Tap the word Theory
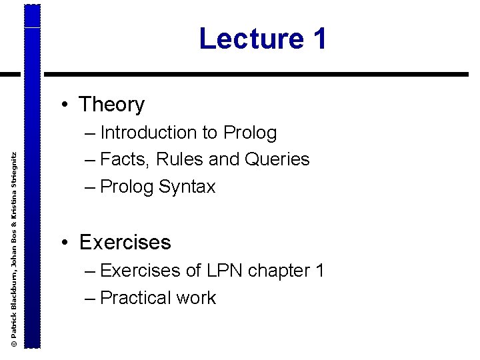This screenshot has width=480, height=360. (111, 105)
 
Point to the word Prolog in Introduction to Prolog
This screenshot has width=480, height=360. (250, 133)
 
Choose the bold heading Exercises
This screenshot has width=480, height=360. (125, 242)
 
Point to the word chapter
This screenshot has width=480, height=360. (279, 271)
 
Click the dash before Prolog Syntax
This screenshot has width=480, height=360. (91, 187)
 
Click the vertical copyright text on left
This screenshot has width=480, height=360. (14, 247)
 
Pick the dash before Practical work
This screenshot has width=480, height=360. (91, 298)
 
